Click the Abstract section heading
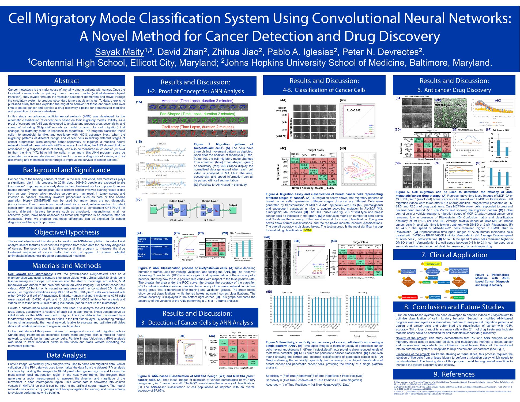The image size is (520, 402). point(67,81)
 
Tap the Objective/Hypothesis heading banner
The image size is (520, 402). point(67,232)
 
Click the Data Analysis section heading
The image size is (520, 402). point(66,355)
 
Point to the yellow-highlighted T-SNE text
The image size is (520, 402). point(308,230)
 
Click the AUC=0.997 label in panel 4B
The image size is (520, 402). point(353,110)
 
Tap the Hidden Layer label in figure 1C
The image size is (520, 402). point(176,201)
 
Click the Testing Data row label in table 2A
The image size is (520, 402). point(143,255)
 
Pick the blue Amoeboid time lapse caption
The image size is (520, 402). point(197,101)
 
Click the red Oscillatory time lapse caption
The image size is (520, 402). point(197,127)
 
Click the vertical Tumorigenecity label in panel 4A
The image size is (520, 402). point(290,122)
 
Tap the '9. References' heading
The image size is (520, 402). point(454,374)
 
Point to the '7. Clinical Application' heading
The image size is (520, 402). point(454,255)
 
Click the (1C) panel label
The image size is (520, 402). point(139,200)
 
